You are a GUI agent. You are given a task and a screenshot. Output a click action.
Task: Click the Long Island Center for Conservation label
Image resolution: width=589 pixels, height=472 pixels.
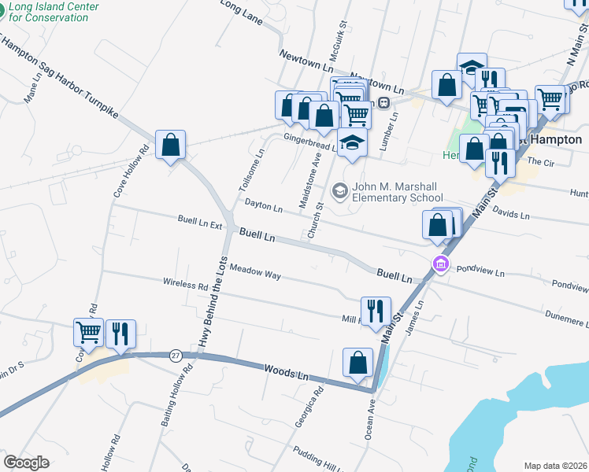click(54, 11)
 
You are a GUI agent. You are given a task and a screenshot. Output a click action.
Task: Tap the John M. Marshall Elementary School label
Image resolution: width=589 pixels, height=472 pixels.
click(398, 192)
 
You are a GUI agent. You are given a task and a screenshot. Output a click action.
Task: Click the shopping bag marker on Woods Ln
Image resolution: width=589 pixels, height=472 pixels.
click(357, 363)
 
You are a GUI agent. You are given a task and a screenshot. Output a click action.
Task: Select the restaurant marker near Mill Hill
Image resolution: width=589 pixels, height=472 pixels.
click(376, 312)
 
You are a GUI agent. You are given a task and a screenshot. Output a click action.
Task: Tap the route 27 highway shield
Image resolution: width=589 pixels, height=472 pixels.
click(175, 356)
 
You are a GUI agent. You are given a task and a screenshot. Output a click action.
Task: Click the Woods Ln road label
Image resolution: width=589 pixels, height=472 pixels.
click(286, 371)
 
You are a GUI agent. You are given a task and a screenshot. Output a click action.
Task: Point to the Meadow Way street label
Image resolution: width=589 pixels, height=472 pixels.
click(255, 272)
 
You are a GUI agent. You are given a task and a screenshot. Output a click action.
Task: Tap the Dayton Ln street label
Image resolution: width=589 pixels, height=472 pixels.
click(263, 207)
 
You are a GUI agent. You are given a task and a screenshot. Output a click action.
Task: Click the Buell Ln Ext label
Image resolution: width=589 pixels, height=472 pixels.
click(199, 223)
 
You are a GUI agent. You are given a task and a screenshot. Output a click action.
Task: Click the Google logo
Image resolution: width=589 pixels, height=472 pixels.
click(26, 462)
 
